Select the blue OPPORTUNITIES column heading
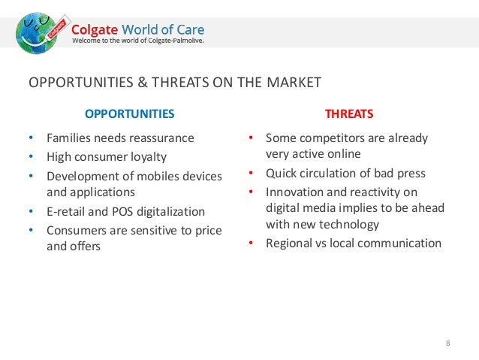(x=129, y=114)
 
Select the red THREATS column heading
(x=348, y=114)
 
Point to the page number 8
(x=447, y=343)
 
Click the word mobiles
(x=151, y=176)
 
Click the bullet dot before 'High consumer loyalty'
(x=31, y=157)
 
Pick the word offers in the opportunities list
(x=85, y=246)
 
